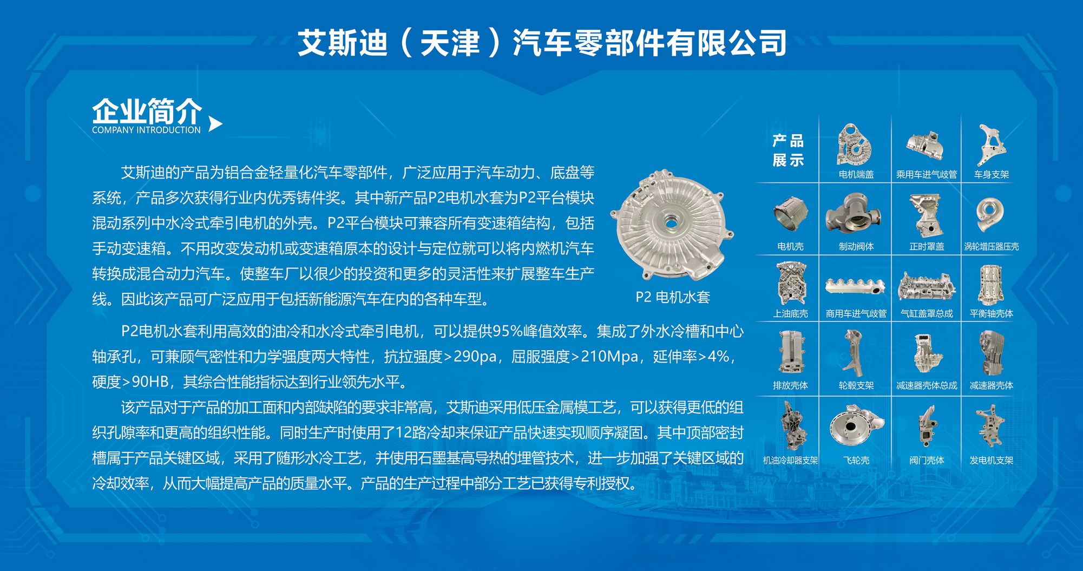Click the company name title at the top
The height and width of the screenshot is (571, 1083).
[x=542, y=43]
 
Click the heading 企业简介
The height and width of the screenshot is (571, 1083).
[x=147, y=111]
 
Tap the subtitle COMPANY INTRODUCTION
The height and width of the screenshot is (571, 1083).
[x=146, y=130]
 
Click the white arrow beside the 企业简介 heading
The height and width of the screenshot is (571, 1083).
[x=215, y=124]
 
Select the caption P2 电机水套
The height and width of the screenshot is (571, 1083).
[x=673, y=297]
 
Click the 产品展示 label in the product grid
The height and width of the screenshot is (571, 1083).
[x=788, y=150]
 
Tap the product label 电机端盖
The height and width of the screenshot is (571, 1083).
[x=856, y=174]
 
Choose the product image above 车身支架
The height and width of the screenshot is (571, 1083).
[x=991, y=145]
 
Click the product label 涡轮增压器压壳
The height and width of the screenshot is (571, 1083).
[x=992, y=246]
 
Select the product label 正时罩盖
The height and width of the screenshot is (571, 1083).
[x=927, y=246]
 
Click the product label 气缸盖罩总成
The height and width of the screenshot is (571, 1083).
[x=927, y=313]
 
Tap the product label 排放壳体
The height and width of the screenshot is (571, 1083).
[x=790, y=385]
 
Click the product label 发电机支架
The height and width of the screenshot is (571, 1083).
[x=992, y=460]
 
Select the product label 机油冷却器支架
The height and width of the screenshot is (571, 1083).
[x=790, y=460]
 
